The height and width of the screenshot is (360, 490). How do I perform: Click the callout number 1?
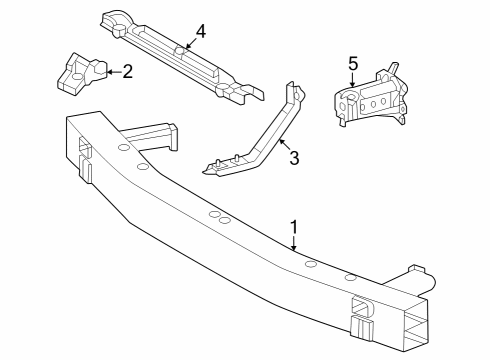(294, 228)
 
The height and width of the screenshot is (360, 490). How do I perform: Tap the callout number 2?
(127, 71)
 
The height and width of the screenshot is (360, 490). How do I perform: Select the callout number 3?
(294, 157)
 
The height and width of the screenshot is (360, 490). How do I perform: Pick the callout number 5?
(353, 64)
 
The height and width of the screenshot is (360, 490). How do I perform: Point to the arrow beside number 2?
(109, 71)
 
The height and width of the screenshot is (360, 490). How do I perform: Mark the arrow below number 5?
(353, 84)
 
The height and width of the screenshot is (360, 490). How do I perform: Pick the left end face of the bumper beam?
(78, 150)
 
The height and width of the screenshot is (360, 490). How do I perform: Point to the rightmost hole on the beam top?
(350, 277)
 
